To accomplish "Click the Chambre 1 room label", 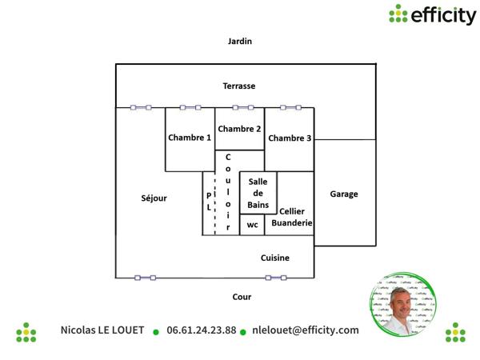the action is [x=190, y=138].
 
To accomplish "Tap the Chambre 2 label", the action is [x=239, y=129].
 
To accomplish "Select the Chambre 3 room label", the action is [x=290, y=138].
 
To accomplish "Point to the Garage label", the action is [x=344, y=194].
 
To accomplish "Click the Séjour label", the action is [x=154, y=198].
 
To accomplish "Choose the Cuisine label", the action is [x=275, y=258].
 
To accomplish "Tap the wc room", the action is [x=252, y=225].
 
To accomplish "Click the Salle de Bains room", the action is [x=258, y=193].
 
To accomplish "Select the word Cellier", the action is [x=292, y=211].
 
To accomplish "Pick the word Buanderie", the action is [x=292, y=223].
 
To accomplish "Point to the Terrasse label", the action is [x=239, y=86].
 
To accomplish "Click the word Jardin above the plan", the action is [x=240, y=41].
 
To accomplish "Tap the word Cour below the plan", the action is [x=242, y=297].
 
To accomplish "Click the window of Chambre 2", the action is [x=243, y=107].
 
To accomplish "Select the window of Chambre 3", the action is [x=291, y=107].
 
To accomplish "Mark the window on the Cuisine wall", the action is [x=276, y=278].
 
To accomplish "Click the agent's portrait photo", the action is [x=403, y=304].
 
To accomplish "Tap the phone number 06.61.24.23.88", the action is [x=202, y=330].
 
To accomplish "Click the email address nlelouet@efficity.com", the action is [x=306, y=330].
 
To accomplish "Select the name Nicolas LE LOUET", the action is [x=102, y=330].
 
